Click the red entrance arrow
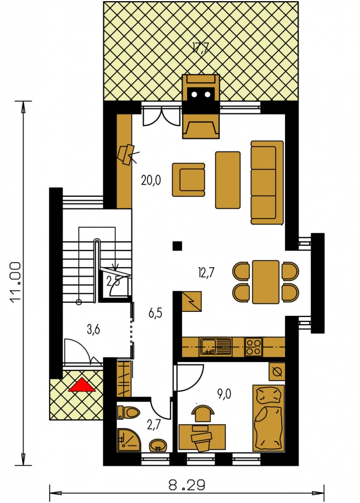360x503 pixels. (82, 385)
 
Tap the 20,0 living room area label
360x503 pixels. (151, 181)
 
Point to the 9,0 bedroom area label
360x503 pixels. (224, 393)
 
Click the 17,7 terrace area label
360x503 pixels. (201, 48)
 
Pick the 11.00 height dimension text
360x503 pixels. (16, 282)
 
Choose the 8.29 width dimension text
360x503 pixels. (187, 485)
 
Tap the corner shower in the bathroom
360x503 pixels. (129, 439)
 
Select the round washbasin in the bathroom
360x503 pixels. (158, 445)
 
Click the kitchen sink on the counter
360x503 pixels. (215, 347)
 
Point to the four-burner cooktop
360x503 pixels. (253, 347)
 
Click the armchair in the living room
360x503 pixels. (188, 179)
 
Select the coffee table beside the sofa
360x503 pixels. (228, 180)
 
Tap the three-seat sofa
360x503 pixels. (267, 182)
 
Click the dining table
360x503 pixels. (266, 282)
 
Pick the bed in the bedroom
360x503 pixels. (268, 418)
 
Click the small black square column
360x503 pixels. (177, 246)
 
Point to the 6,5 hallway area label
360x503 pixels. (155, 313)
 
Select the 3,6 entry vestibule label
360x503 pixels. (93, 329)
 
